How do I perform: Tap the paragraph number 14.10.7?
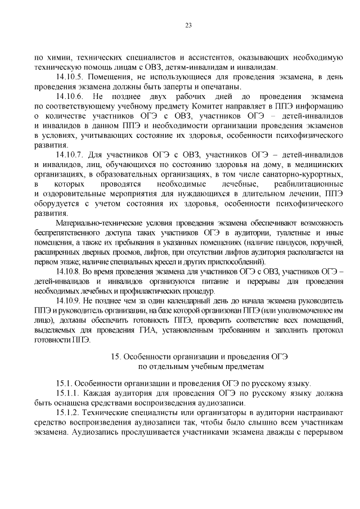(x=71, y=154)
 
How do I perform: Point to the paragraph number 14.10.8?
(x=70, y=271)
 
